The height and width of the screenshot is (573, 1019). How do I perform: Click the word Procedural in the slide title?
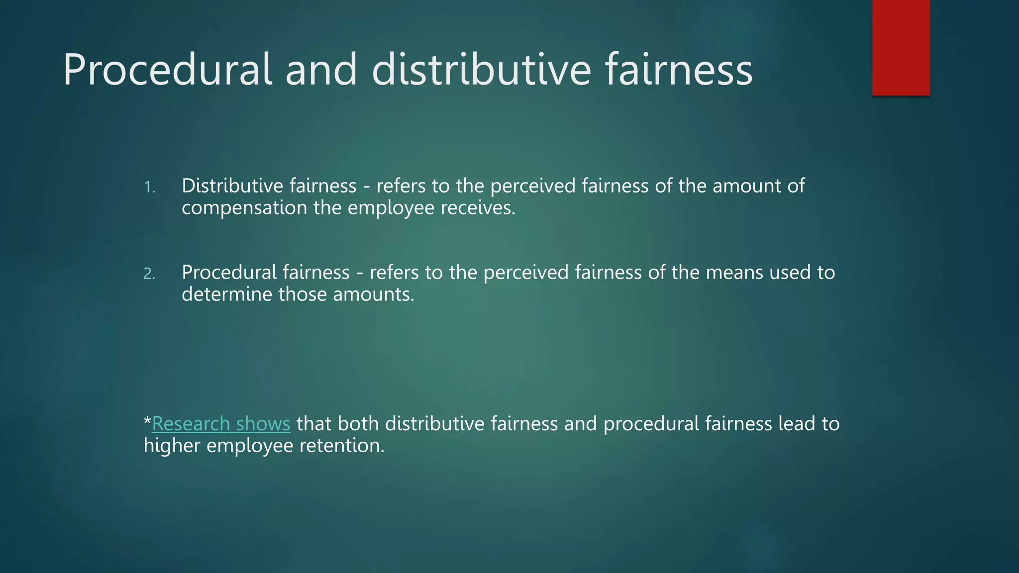pyautogui.click(x=167, y=70)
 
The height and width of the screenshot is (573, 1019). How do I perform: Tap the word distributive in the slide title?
pyautogui.click(x=481, y=70)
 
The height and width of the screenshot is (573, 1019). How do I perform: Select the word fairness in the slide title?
pyautogui.click(x=679, y=70)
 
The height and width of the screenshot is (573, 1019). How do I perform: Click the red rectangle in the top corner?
pyautogui.click(x=901, y=48)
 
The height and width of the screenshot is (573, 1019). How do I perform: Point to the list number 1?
pyautogui.click(x=149, y=187)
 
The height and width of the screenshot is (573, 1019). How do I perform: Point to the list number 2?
pyautogui.click(x=149, y=274)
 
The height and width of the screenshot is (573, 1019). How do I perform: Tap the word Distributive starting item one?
pyautogui.click(x=232, y=186)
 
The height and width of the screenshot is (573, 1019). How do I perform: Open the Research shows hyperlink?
pyautogui.click(x=221, y=424)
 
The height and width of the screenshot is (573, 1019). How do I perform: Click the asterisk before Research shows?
pyautogui.click(x=147, y=422)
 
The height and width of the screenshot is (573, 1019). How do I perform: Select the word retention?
pyautogui.click(x=342, y=446)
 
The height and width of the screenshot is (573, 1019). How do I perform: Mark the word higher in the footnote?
pyautogui.click(x=172, y=446)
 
